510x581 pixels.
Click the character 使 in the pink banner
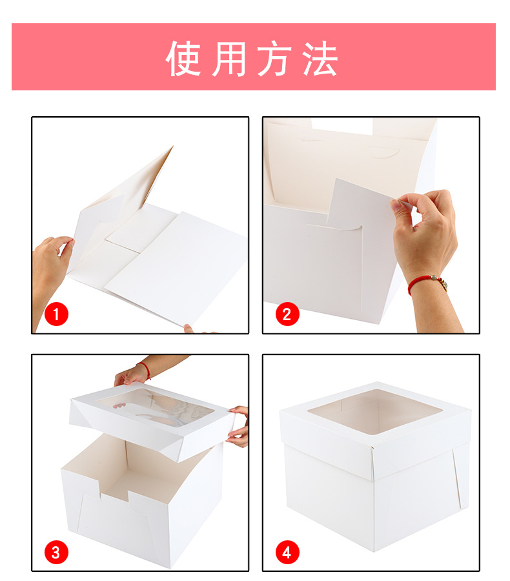click(x=183, y=59)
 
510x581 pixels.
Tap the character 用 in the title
click(x=229, y=59)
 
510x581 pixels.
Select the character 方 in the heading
click(x=274, y=59)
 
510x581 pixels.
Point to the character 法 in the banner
click(x=320, y=59)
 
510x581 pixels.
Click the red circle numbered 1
click(x=56, y=314)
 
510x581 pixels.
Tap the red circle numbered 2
click(x=287, y=314)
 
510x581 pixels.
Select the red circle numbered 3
click(x=56, y=552)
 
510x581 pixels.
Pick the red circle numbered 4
click(x=287, y=552)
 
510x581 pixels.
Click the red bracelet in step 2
click(x=426, y=283)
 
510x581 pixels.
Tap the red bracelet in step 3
click(x=145, y=370)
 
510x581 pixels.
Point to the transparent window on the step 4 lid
click(x=375, y=411)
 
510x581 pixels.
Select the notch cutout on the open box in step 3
click(x=114, y=489)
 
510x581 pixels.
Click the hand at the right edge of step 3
click(x=238, y=426)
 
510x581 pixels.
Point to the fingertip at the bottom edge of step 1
click(x=189, y=329)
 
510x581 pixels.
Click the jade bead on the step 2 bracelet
click(x=434, y=278)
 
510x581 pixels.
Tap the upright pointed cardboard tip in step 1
click(x=172, y=148)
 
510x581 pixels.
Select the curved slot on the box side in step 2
click(x=334, y=226)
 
